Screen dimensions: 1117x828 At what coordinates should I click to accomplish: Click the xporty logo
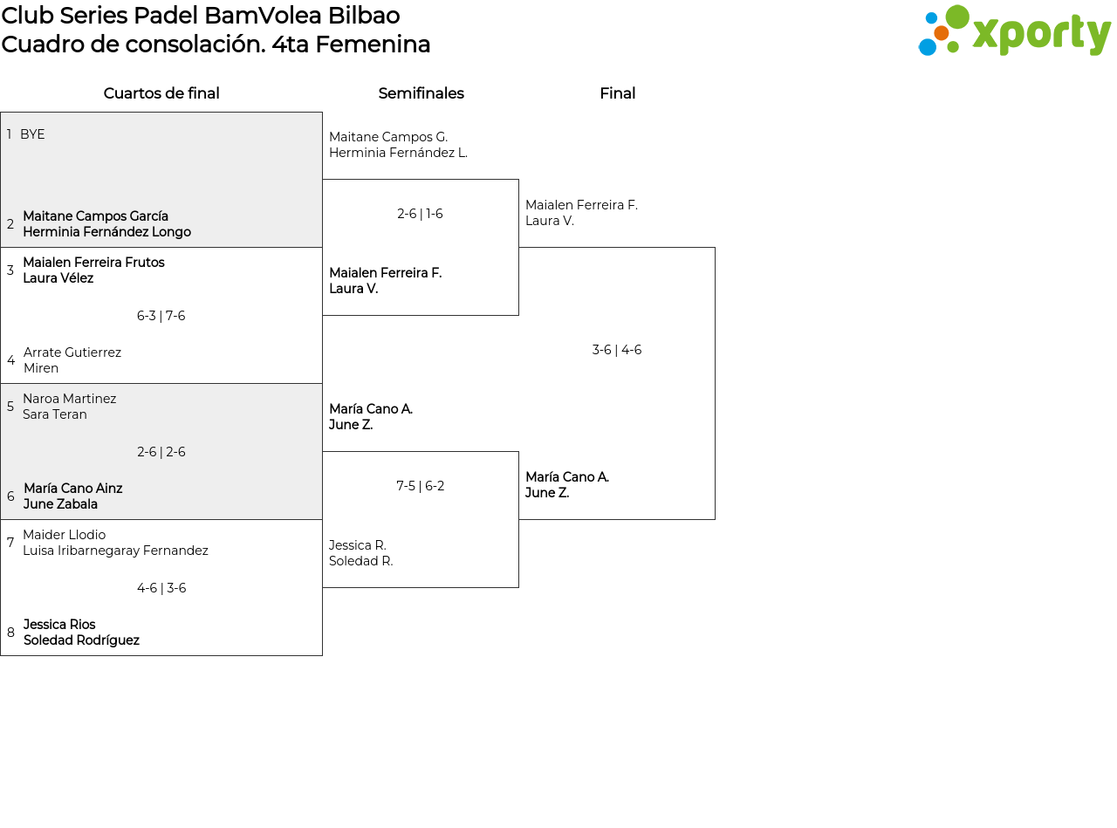coord(1014,31)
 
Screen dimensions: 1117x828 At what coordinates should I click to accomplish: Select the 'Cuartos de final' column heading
coord(161,93)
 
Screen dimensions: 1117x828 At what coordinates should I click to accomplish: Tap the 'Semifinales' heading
coord(421,93)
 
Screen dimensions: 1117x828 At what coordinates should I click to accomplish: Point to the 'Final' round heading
coord(618,93)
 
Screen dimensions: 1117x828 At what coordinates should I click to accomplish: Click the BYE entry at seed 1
coord(32,134)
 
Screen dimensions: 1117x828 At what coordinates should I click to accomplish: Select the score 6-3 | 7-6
coord(161,316)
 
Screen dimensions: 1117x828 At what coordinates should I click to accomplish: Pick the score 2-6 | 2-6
coord(161,452)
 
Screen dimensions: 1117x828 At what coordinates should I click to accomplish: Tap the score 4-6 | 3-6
coord(161,588)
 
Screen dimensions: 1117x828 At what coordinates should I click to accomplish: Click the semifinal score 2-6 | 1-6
coord(420,214)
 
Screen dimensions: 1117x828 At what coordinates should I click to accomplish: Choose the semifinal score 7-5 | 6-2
coord(420,485)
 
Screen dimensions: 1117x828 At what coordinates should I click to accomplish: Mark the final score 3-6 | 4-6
coord(616,350)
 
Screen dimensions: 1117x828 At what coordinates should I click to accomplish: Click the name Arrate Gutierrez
coord(72,352)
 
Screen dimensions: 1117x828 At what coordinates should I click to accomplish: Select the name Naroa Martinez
coord(70,399)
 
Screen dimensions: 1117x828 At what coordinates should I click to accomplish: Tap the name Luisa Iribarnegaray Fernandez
coord(115,550)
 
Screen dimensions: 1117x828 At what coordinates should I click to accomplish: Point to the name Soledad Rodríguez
coord(81,640)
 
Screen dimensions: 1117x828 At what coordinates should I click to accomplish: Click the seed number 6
coord(10,496)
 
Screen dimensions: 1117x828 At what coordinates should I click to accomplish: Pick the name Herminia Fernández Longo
coord(106,232)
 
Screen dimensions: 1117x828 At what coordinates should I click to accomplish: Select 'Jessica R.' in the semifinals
coord(358,545)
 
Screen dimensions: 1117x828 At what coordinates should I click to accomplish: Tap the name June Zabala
coord(60,504)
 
